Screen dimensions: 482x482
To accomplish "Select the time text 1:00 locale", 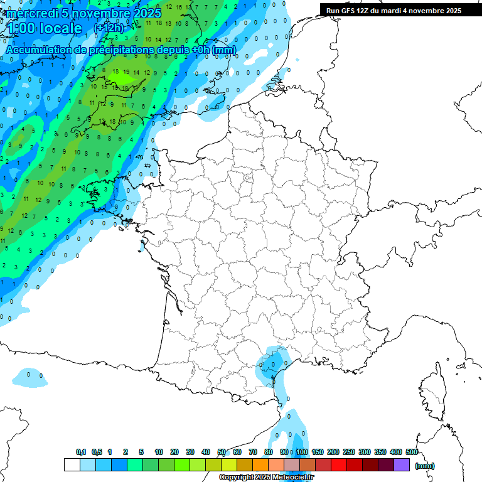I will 43,28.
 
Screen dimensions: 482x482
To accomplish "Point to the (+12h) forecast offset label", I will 109,28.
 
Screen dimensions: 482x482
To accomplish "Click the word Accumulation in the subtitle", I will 38,50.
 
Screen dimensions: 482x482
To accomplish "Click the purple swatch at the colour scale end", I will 402,465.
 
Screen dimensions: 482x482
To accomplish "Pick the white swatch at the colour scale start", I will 72,465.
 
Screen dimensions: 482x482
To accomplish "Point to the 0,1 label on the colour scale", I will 81,452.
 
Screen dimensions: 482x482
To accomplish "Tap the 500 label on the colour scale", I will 412,452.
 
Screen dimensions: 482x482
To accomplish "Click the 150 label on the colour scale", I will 318,452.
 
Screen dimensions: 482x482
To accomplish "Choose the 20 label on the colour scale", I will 174,452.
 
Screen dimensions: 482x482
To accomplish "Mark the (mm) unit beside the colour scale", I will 425,466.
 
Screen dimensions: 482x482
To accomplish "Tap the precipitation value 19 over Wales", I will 126,72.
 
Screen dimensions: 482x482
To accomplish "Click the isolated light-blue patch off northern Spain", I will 29,377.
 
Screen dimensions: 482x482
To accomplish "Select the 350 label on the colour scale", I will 380,452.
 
